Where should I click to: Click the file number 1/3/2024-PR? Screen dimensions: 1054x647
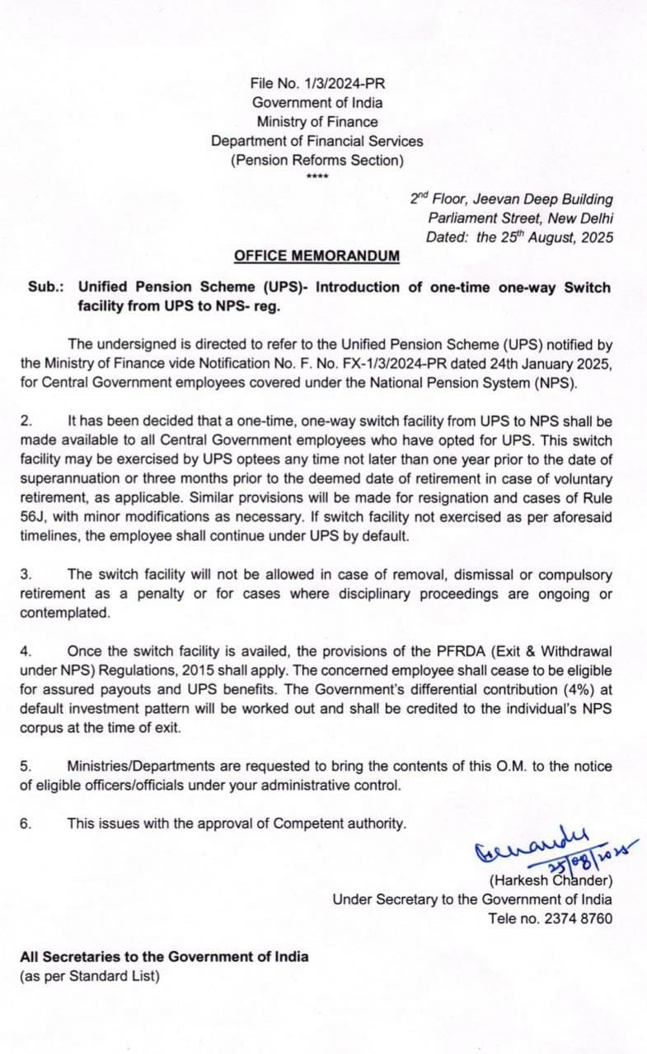point(340,84)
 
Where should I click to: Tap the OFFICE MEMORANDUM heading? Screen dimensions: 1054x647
point(317,256)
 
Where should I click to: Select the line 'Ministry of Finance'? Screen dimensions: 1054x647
point(317,122)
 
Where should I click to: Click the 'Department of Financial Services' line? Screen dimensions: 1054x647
point(317,141)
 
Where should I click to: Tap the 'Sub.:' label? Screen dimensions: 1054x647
point(45,287)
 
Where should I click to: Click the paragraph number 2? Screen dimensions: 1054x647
point(26,421)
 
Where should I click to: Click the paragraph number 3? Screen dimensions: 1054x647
point(26,574)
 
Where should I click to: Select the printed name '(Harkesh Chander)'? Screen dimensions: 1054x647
point(550,880)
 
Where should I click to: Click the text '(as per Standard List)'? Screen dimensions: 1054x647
point(90,977)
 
